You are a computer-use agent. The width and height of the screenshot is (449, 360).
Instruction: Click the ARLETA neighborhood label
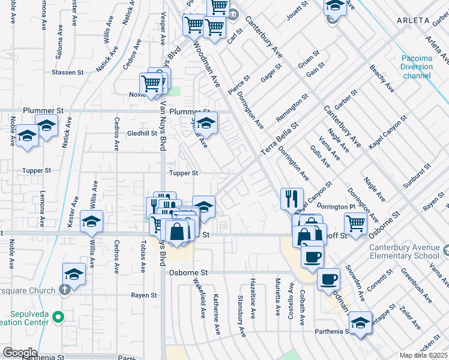pyautogui.click(x=414, y=20)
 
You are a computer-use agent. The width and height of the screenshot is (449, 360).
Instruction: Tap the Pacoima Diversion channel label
pyautogui.click(x=417, y=67)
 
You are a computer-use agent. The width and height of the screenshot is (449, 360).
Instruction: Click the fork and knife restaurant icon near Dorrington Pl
pyautogui.click(x=292, y=199)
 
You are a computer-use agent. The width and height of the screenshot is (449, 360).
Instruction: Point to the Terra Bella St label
pyautogui.click(x=279, y=140)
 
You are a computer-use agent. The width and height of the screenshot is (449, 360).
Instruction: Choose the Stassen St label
pyautogui.click(x=67, y=72)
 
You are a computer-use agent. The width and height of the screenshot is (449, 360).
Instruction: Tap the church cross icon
pyautogui.click(x=65, y=289)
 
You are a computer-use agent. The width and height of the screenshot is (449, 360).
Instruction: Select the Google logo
pyautogui.click(x=20, y=353)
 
